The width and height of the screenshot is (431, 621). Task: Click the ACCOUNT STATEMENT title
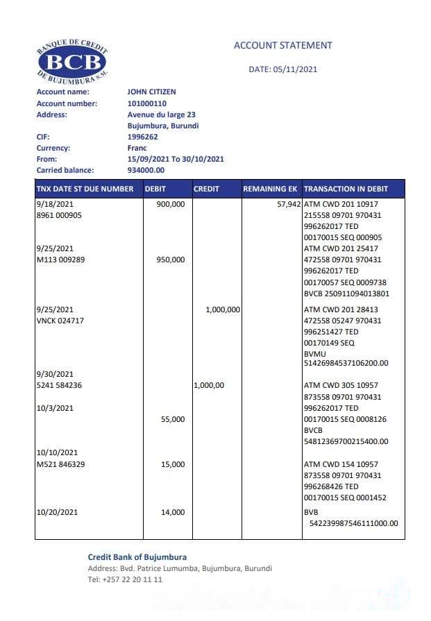tap(282, 46)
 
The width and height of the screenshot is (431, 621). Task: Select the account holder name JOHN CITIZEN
tap(151, 92)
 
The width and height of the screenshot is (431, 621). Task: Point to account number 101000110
tap(146, 103)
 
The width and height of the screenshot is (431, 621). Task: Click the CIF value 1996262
tap(142, 137)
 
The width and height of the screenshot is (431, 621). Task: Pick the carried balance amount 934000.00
tap(146, 170)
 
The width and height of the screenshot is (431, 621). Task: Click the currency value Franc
tap(137, 148)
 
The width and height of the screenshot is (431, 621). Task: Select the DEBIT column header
tap(155, 189)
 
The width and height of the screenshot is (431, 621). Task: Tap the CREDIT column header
tap(206, 189)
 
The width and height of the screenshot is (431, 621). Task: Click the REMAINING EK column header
tap(270, 189)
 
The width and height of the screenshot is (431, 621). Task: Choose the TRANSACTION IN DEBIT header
tap(346, 189)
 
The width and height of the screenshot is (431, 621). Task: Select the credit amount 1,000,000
tap(223, 309)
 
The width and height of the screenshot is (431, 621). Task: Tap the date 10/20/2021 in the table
tap(56, 513)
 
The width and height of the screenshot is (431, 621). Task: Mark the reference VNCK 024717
tap(60, 321)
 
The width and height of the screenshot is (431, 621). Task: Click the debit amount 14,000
tap(173, 513)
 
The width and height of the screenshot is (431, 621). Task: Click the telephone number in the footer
tap(125, 579)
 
